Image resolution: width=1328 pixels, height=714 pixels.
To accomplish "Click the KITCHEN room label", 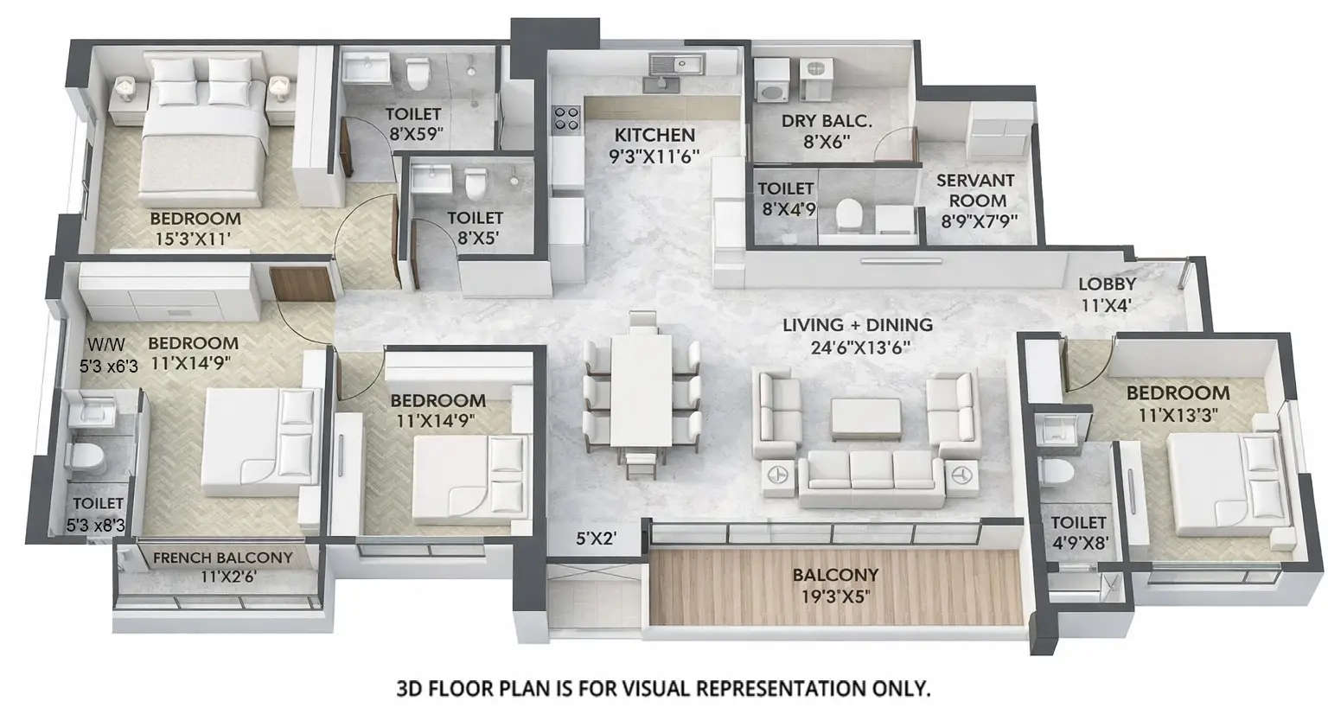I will point(654,135).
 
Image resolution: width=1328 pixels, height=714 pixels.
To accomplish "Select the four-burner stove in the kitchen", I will point(566,118).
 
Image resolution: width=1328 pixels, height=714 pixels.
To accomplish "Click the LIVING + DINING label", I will point(857,325).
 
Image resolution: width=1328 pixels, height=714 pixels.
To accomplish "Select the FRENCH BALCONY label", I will point(222,558).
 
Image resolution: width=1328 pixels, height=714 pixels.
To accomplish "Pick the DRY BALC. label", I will point(827,122).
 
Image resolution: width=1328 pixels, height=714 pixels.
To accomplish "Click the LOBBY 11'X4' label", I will point(1107,284).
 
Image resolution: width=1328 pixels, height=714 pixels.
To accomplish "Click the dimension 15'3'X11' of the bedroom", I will point(194,239).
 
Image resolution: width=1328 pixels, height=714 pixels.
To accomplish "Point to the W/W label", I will point(96,343).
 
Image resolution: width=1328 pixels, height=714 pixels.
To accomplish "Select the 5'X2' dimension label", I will point(596,539).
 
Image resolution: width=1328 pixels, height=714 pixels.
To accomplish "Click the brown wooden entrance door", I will point(301,284).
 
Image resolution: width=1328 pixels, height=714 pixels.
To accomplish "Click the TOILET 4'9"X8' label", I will point(1079,522).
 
